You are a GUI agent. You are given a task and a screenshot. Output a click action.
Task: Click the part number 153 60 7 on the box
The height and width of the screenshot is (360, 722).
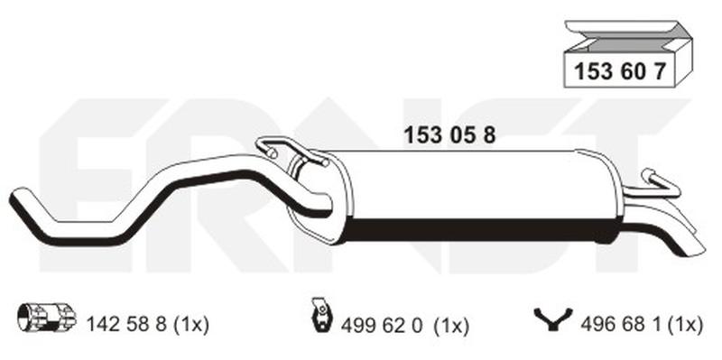(x=619, y=72)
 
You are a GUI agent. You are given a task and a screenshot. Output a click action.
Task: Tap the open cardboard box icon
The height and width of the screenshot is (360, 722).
(x=628, y=54)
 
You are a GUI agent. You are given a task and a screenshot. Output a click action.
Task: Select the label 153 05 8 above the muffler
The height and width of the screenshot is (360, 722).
(x=449, y=135)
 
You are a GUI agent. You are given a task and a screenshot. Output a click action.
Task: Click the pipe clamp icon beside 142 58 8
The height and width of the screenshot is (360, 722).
(x=46, y=318)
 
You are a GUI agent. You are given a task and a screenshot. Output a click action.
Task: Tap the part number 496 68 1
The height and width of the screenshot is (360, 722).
(x=619, y=325)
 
